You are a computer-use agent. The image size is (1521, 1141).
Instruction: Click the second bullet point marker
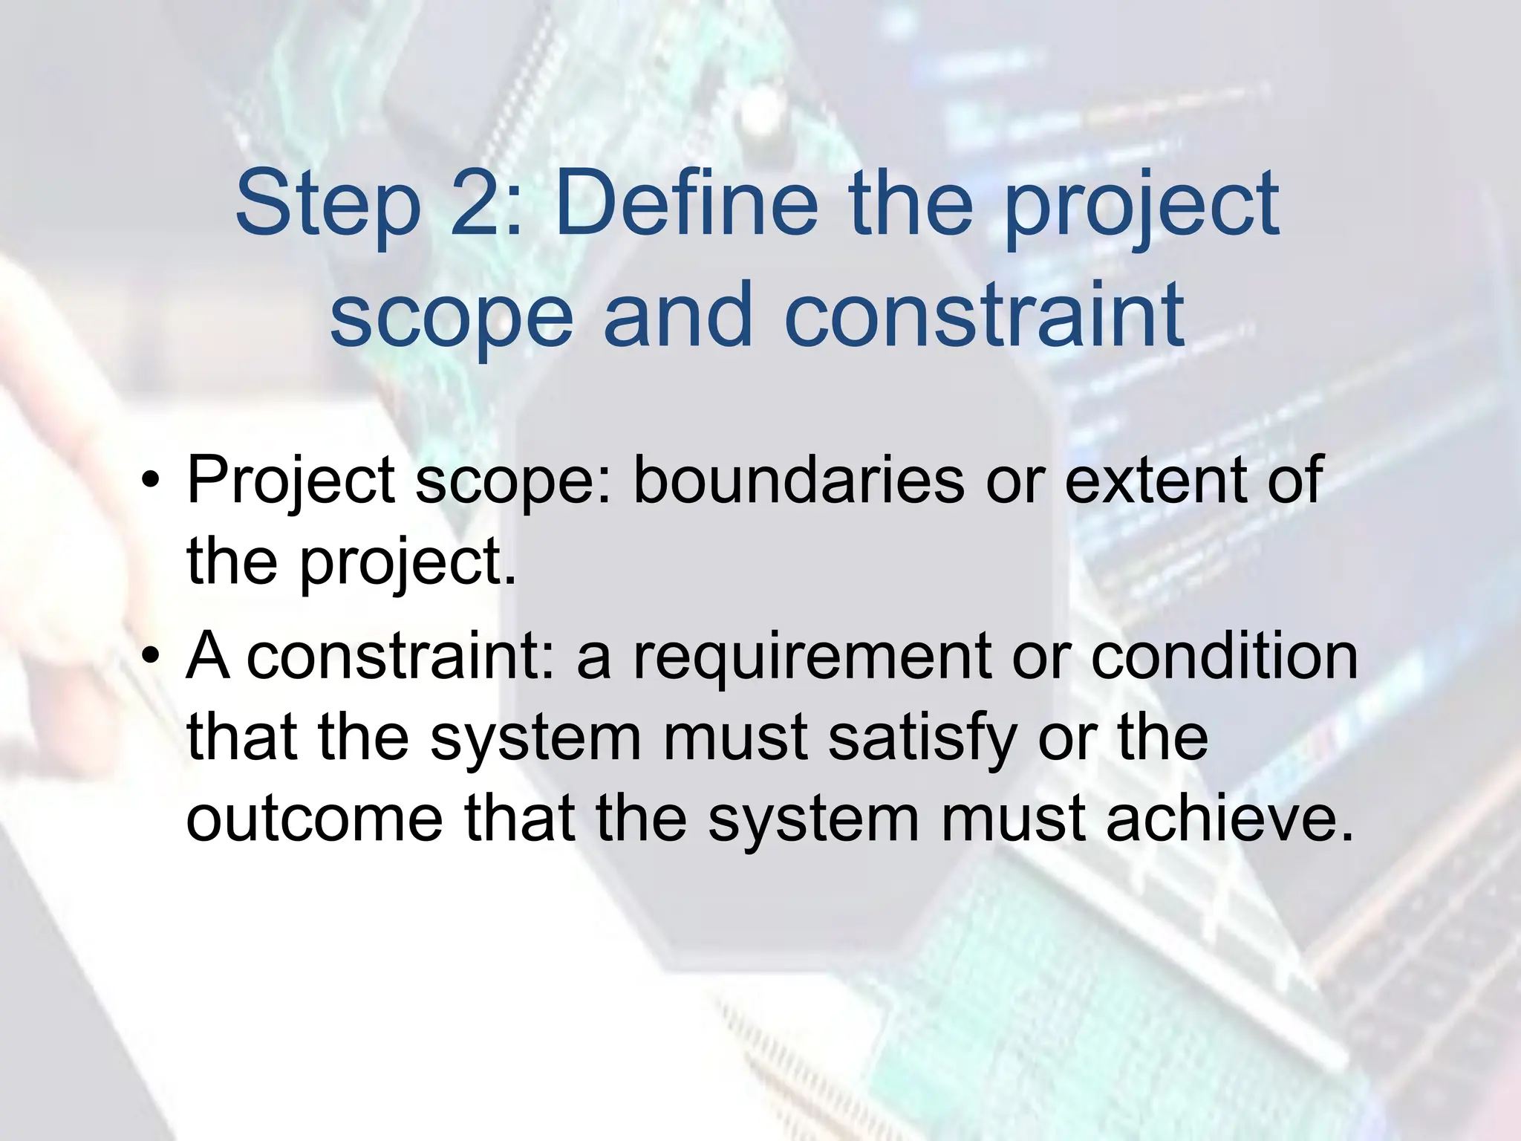pyautogui.click(x=152, y=657)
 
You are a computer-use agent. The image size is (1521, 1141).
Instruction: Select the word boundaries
pyautogui.click(x=798, y=481)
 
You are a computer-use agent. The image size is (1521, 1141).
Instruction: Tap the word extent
pyautogui.click(x=1156, y=481)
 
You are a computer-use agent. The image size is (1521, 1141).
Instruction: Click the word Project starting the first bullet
pyautogui.click(x=290, y=481)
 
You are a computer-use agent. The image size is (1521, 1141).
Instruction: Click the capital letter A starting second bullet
pyautogui.click(x=207, y=657)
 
